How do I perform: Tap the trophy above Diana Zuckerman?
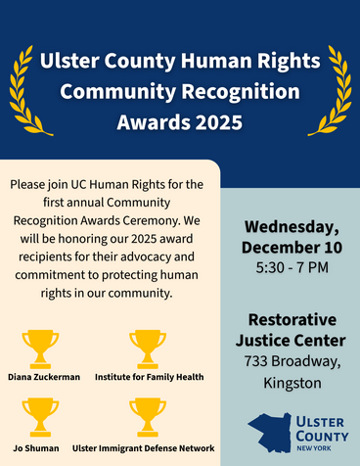(x=40, y=348)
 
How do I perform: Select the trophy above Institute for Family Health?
(x=147, y=348)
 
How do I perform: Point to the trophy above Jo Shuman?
(x=40, y=414)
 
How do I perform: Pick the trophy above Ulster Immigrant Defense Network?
(x=147, y=414)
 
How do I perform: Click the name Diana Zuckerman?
(x=44, y=377)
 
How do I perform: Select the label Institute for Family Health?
(x=147, y=377)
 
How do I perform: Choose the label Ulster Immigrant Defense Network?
(x=147, y=447)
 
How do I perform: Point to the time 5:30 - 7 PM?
(x=292, y=266)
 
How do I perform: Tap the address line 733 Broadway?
(x=292, y=362)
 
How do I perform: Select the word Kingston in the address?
(x=292, y=383)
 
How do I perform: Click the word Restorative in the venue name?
(x=292, y=320)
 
